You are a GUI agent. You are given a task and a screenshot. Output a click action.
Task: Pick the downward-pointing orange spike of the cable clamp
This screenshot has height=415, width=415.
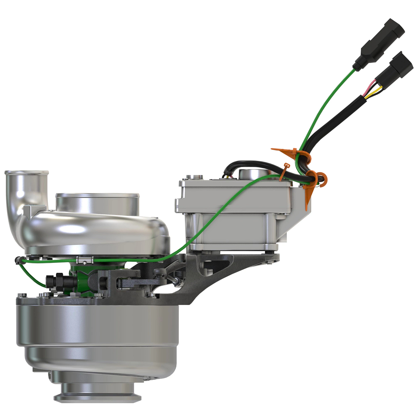click(x=306, y=201)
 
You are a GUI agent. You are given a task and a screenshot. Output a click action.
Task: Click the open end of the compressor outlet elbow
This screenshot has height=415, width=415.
click(x=26, y=172)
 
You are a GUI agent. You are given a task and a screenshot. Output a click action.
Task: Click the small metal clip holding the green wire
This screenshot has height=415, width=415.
click(x=85, y=260)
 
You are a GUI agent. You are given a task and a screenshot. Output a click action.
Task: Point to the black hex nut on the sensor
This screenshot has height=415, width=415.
click(x=59, y=281)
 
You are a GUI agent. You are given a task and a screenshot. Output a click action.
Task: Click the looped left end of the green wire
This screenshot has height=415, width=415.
click(x=18, y=260)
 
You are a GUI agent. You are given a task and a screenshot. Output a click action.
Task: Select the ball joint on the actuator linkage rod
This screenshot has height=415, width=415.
click(x=177, y=282)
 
